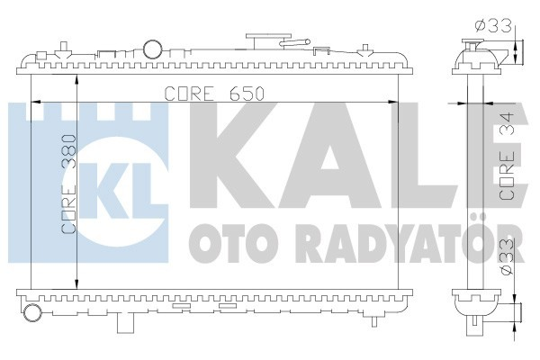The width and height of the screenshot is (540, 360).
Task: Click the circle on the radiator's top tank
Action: [156, 48]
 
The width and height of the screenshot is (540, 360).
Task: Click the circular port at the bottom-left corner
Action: [33, 313]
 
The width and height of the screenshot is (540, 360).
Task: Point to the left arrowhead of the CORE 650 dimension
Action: [35, 102]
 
